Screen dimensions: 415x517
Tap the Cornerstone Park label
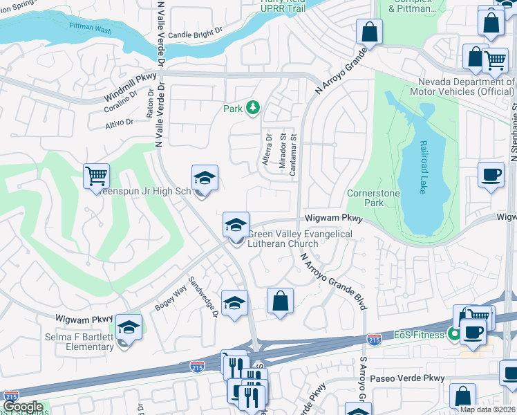tap(374, 199)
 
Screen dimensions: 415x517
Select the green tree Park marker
tap(254, 107)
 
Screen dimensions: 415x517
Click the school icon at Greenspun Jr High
tap(205, 179)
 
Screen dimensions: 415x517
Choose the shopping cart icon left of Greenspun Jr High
tap(97, 176)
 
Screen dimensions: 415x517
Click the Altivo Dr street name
tap(120, 122)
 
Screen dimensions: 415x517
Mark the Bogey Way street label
tap(173, 294)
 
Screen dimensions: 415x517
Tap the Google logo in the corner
tap(23, 407)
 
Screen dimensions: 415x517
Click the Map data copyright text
tap(489, 410)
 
